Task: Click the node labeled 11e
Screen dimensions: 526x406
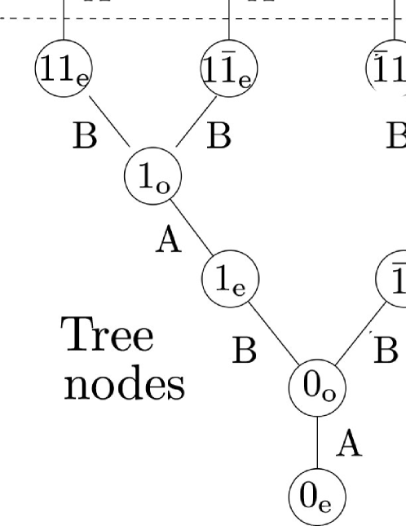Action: tap(62, 63)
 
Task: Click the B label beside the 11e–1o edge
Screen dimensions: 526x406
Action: tap(84, 137)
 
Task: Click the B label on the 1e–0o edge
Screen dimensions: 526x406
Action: tap(244, 351)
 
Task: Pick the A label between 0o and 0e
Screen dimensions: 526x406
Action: tap(349, 445)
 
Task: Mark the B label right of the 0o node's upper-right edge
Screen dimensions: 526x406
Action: tap(386, 351)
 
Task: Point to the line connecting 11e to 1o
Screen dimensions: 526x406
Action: tap(108, 122)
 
